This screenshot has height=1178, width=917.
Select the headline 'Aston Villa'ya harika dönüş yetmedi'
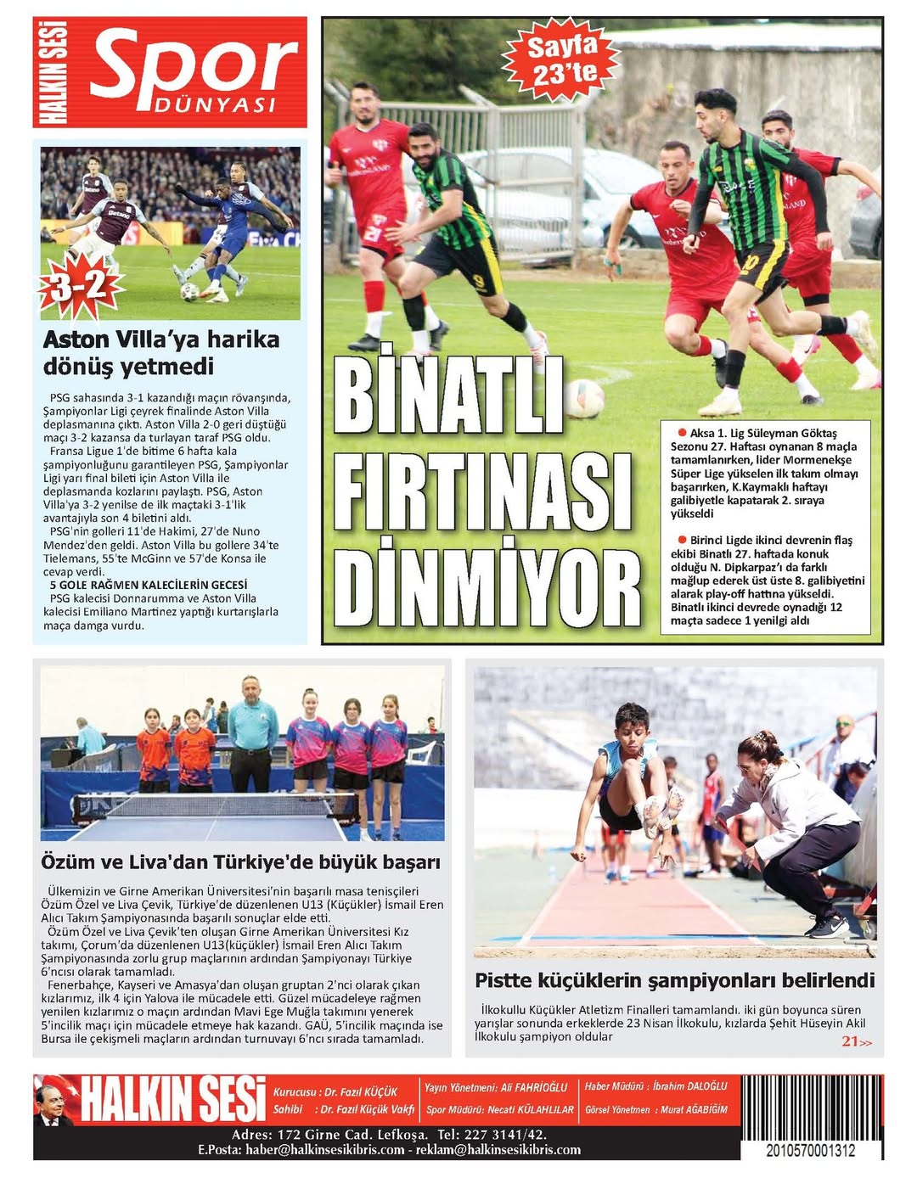(161, 353)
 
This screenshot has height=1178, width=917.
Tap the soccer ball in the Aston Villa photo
(190, 291)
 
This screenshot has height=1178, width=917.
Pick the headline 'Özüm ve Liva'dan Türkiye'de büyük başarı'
(241, 862)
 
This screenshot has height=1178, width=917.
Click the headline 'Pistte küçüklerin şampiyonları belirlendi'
(674, 980)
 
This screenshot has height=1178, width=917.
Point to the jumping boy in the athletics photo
(632, 779)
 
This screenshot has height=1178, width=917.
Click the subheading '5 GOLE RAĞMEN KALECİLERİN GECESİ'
(149, 585)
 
